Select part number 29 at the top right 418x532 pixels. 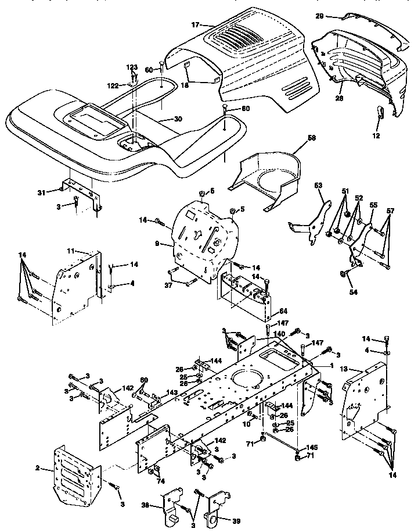pos(319,17)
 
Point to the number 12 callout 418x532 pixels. pos(377,135)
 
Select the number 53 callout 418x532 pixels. pos(318,186)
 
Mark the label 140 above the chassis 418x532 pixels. pos(279,334)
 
